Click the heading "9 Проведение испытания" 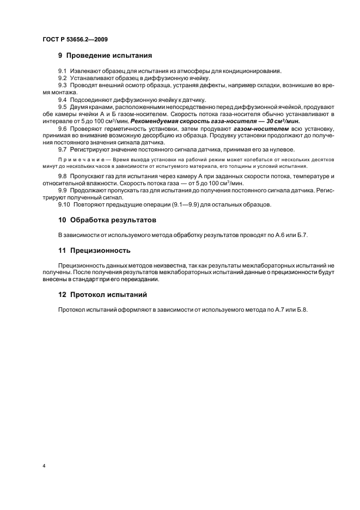coord(105,56)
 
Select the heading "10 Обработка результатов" coord(107,220)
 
